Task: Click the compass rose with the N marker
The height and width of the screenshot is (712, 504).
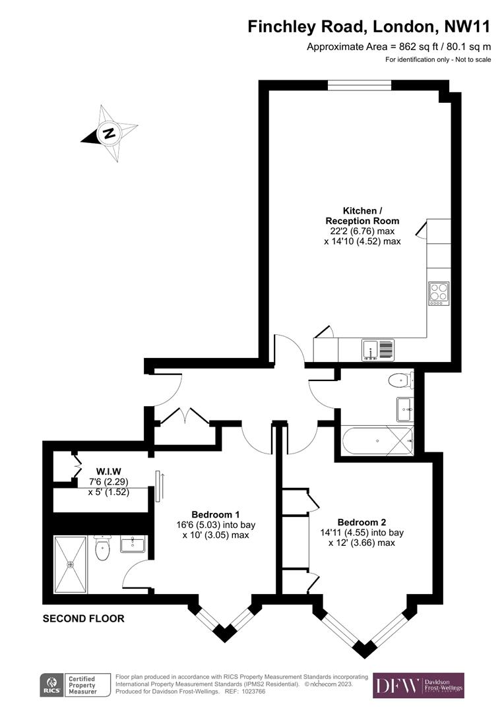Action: click(x=109, y=133)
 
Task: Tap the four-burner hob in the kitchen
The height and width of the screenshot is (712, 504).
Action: click(x=439, y=292)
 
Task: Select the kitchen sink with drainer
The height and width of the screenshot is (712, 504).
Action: click(x=377, y=349)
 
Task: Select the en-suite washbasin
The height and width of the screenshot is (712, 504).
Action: click(x=133, y=544)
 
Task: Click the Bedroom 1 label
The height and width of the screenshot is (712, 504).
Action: click(x=215, y=514)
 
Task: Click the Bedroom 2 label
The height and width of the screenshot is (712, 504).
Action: click(x=361, y=521)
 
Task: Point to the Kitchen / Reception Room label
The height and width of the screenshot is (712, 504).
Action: click(x=362, y=216)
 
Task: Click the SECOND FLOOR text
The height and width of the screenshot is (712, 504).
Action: click(x=83, y=618)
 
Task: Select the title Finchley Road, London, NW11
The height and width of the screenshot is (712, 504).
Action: click(x=369, y=27)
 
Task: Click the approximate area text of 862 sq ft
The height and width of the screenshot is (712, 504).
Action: click(x=399, y=47)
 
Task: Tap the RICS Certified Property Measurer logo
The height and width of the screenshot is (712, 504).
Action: click(x=69, y=686)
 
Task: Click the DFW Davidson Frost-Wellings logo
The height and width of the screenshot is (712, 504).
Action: click(x=418, y=686)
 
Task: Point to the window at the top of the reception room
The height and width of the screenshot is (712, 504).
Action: click(x=360, y=84)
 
